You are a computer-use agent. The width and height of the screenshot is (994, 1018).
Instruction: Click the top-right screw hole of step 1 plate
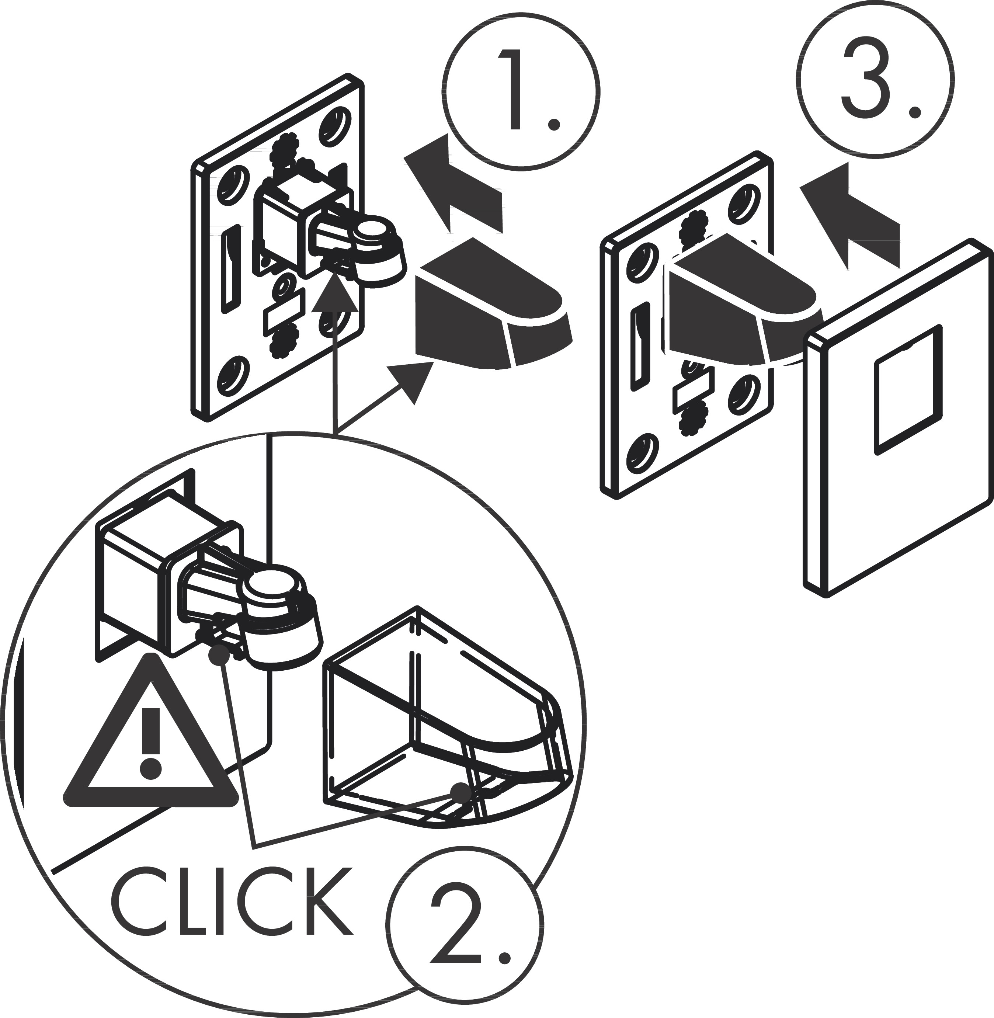tap(332, 126)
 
